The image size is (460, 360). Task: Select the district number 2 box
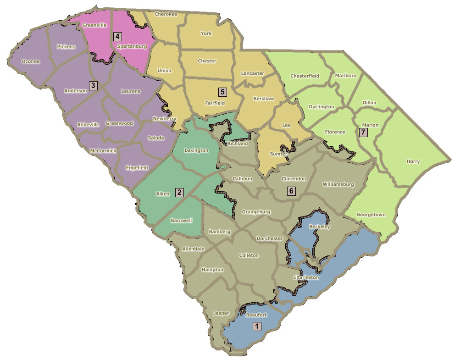[179, 193]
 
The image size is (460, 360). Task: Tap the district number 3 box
[93, 85]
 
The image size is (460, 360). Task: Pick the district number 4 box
[117, 36]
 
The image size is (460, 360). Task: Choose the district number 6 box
[291, 190]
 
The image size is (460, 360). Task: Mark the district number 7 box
[364, 133]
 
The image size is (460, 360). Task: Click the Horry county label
[413, 161]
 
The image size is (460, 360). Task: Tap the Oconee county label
[31, 61]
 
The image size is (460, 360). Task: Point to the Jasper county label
[221, 313]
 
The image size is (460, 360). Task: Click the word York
[206, 33]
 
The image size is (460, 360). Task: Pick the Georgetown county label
[371, 215]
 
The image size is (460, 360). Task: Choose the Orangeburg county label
[256, 212]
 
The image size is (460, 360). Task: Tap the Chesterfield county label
[305, 76]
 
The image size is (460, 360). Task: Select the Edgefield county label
[137, 167]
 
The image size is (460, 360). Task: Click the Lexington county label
[196, 150]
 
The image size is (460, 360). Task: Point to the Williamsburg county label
[338, 184]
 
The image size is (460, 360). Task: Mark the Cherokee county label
[166, 14]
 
